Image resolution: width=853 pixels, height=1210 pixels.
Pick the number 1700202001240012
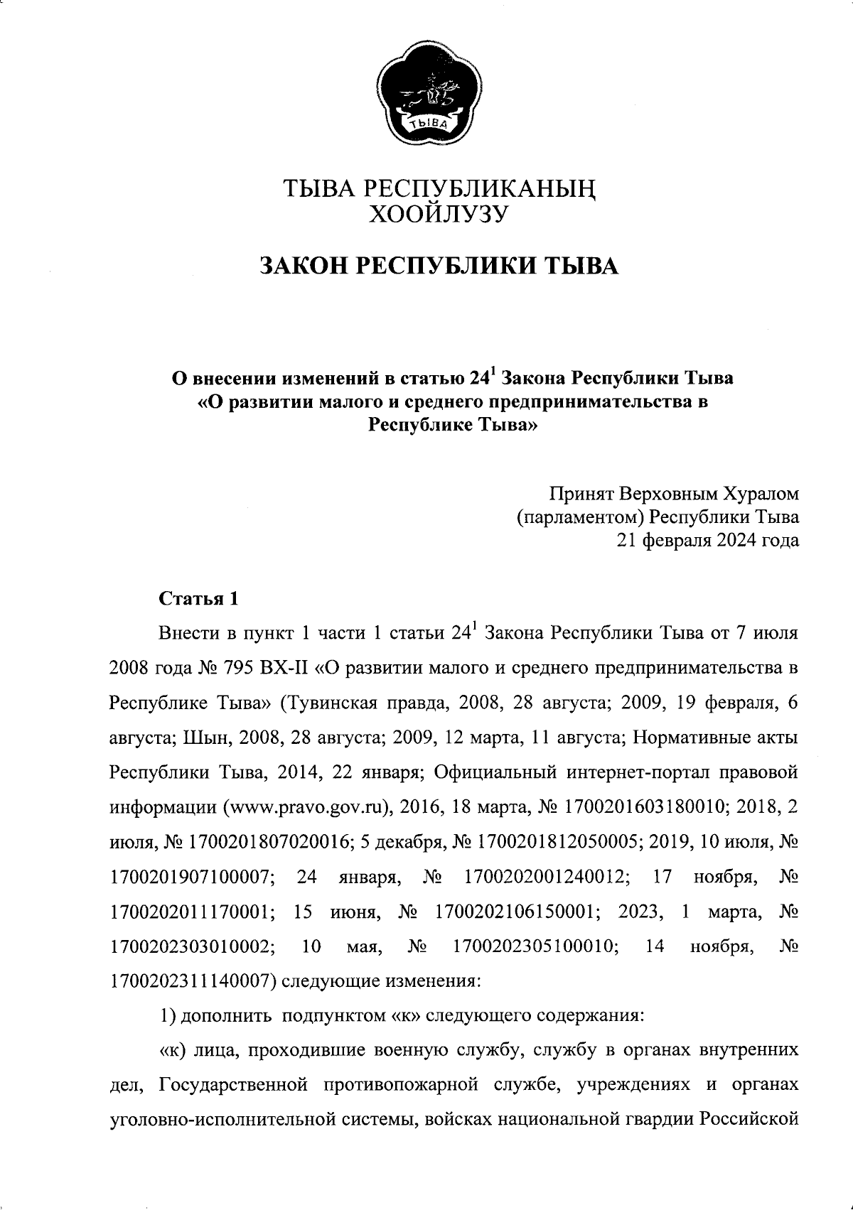[x=546, y=877]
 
